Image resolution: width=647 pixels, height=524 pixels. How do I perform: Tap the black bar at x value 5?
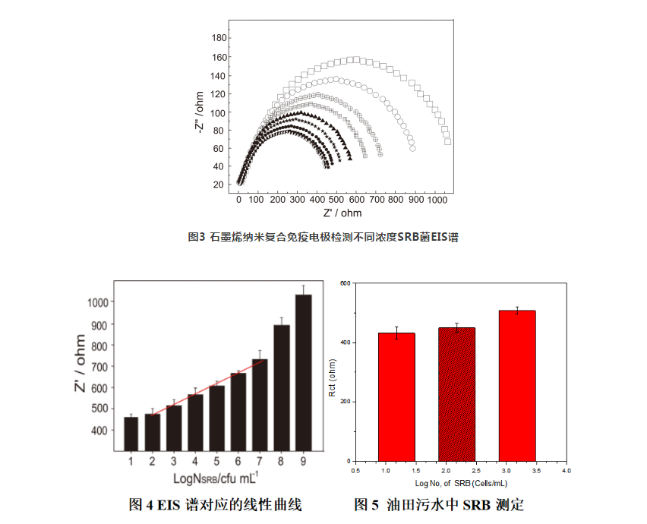point(217,418)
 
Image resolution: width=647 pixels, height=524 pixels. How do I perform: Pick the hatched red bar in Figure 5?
point(456,394)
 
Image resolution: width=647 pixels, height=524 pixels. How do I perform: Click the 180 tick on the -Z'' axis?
point(218,37)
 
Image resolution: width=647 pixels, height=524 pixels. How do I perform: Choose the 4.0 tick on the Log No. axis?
point(566,471)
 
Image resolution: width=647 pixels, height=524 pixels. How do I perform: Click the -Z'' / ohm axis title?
point(199,113)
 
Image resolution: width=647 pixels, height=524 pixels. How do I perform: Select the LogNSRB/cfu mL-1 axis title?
point(216,478)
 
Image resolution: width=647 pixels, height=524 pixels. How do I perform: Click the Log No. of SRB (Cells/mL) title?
point(461,482)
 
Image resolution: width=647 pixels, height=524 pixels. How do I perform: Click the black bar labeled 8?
point(282,388)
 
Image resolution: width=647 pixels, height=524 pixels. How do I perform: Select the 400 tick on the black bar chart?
point(99,431)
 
